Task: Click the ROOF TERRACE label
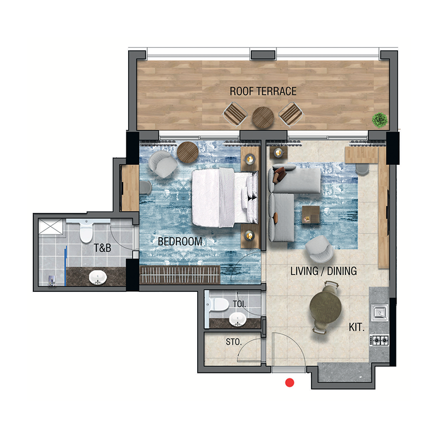coord(263,91)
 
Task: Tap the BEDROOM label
coord(180,241)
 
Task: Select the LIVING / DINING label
coord(324,270)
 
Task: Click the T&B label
coord(102,247)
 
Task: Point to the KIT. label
coord(357,328)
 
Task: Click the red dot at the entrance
coord(290,383)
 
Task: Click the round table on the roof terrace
coord(263,116)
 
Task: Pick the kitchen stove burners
coord(380,340)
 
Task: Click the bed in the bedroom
coord(221,197)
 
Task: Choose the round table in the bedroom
coord(187,152)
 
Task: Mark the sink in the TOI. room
coord(238,319)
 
